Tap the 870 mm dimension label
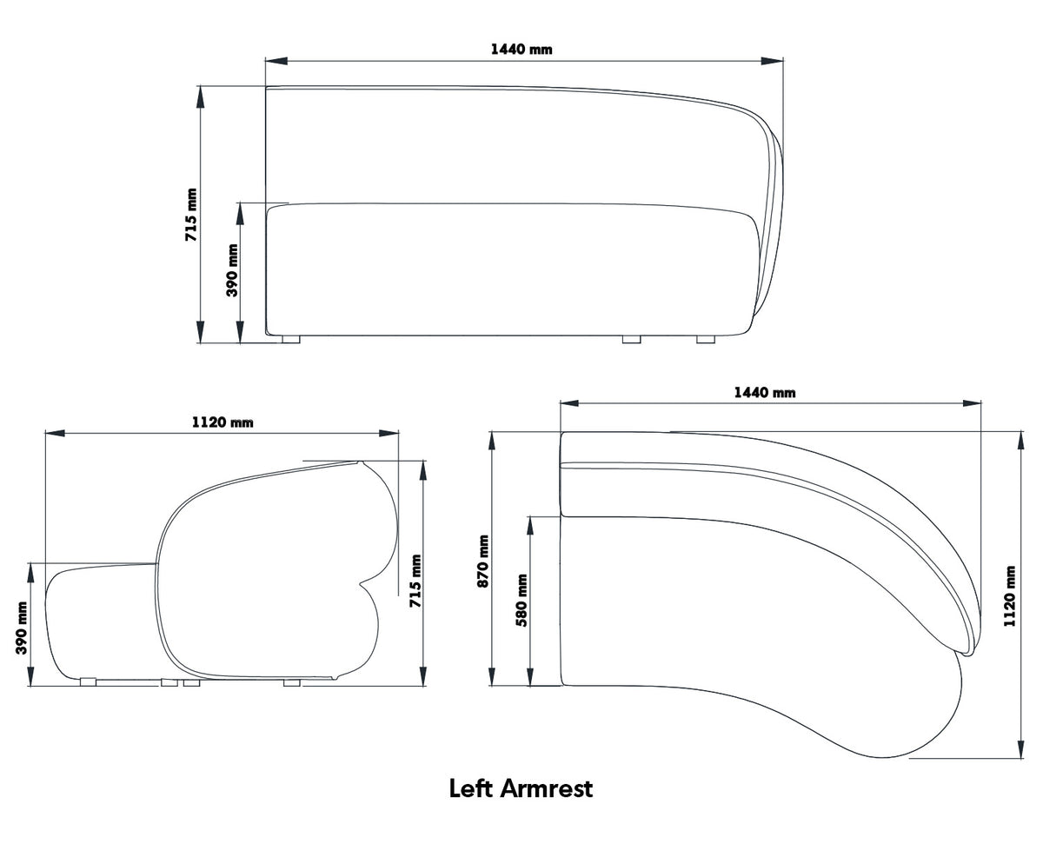point(483,561)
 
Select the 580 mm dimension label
point(521,600)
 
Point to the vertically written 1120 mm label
point(1009,595)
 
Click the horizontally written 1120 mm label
point(223,422)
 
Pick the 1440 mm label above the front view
point(521,49)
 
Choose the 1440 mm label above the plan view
point(765,392)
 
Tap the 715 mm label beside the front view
point(191,215)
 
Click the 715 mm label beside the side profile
point(415,581)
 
